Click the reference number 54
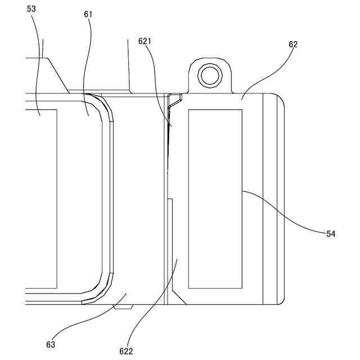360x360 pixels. click(331, 233)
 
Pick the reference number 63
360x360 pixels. click(51, 344)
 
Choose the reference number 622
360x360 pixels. click(126, 352)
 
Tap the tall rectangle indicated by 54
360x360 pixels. click(215, 197)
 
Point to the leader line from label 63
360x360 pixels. click(90, 318)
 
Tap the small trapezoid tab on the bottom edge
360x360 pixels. click(122, 307)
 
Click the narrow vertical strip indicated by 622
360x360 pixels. click(174, 247)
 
